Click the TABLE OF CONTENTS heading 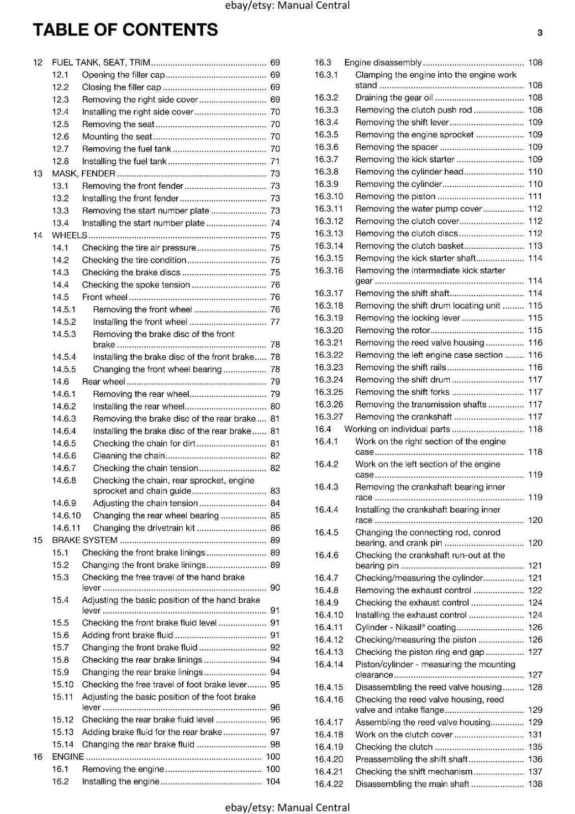click(x=125, y=30)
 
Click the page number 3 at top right click(x=539, y=33)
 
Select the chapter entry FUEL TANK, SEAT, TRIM click(x=101, y=63)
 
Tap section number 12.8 click(x=60, y=161)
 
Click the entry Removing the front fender click(x=132, y=186)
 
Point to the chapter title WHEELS click(x=69, y=236)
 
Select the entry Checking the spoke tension click(x=136, y=285)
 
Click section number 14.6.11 click(x=66, y=528)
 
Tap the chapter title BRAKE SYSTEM click(x=84, y=540)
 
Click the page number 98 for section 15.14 click(x=275, y=744)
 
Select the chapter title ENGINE click(x=68, y=757)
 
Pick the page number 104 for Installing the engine click(x=273, y=781)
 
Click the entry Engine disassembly click(x=383, y=63)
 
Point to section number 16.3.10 click(x=328, y=196)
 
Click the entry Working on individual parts click(x=397, y=429)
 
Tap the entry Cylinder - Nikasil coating click(x=405, y=627)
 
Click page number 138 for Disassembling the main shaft click(x=535, y=784)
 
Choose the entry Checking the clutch click(x=394, y=747)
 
